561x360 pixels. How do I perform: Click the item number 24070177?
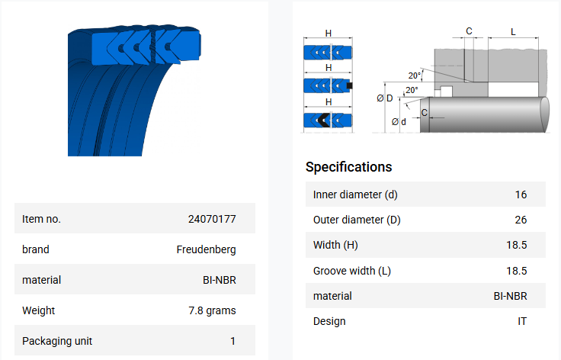pyautogui.click(x=212, y=219)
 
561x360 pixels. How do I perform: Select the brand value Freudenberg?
pyautogui.click(x=206, y=249)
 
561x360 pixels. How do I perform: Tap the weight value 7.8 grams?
pyautogui.click(x=212, y=310)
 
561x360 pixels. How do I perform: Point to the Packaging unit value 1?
pyautogui.click(x=233, y=341)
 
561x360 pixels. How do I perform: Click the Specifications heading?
pyautogui.click(x=349, y=167)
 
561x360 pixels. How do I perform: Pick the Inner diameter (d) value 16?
pyautogui.click(x=521, y=194)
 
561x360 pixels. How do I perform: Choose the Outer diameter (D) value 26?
pyautogui.click(x=521, y=220)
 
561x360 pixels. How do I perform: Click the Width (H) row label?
pyautogui.click(x=335, y=245)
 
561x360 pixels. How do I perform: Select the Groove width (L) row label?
pyautogui.click(x=351, y=271)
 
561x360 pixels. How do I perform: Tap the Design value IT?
pyautogui.click(x=522, y=321)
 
